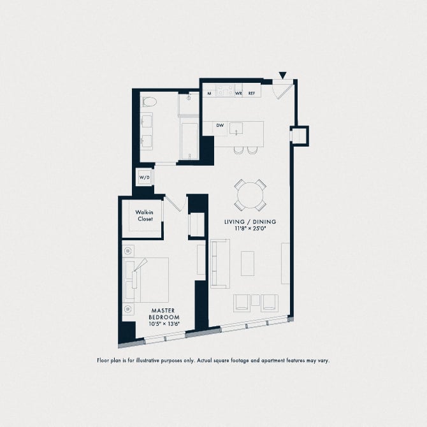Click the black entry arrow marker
pos(283,75)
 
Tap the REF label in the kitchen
pos(252,94)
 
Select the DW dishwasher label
pos(220,126)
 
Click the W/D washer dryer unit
pos(145,177)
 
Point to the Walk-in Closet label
pos(144,215)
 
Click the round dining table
pos(250,195)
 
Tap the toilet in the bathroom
pos(150,102)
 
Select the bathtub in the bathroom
pos(189,141)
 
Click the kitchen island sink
pos(236,129)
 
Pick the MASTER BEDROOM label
pos(164,314)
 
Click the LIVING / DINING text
pos(250,222)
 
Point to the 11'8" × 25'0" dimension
pos(250,229)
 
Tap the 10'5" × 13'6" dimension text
pos(164,324)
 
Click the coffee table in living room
pos(247,263)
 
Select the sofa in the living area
pos(220,263)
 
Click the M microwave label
pos(209,94)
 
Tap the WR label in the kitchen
pos(238,94)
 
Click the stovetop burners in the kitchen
pos(225,90)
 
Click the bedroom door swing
pos(176,204)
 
